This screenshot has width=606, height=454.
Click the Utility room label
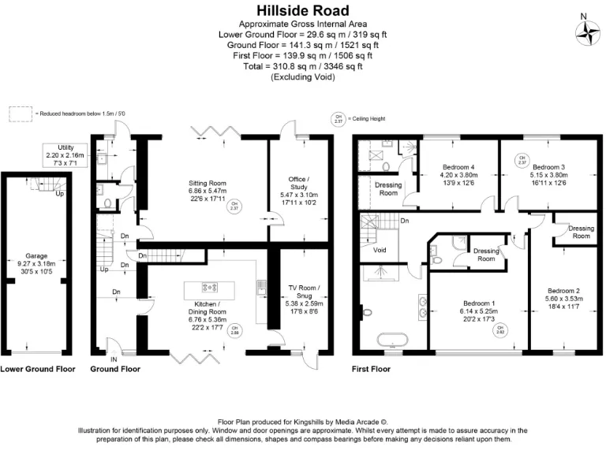coord(65,147)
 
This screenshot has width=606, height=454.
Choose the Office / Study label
coord(296,180)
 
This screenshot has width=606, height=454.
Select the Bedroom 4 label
coord(458,167)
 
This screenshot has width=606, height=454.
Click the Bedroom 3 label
coord(549,167)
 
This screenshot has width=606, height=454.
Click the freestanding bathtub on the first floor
coord(393,341)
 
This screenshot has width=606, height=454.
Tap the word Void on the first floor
coord(380,251)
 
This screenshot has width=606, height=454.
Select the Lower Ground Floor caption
coord(39,369)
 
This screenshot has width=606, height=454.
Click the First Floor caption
coord(372,369)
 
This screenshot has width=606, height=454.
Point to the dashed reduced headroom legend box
coord(20,113)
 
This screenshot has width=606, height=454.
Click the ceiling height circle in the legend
coord(338,120)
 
